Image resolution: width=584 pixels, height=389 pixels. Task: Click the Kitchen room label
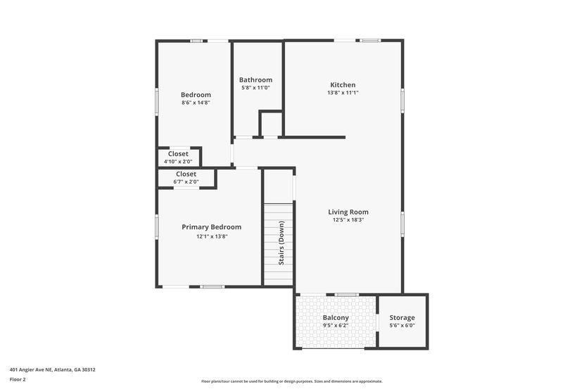coord(343,85)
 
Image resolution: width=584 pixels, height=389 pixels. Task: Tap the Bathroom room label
coord(255,80)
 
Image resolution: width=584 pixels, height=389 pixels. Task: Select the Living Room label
coord(348,212)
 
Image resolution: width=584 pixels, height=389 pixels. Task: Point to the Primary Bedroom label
coord(211,227)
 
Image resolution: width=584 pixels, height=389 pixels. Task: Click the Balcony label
coord(336,318)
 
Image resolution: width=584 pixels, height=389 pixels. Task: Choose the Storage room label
coord(402,318)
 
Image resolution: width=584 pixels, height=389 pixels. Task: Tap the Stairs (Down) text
coord(281,243)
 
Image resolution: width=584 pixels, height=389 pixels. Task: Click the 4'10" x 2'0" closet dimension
coord(178,162)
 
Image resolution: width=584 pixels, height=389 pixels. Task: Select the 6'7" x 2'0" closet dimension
coord(186,181)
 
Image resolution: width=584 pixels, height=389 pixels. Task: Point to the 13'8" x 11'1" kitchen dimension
coord(343,93)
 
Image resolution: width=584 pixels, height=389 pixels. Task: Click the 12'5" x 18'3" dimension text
coord(348,219)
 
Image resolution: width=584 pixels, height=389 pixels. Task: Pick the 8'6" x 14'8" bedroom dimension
coord(196,103)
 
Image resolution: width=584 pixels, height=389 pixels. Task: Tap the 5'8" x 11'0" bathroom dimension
coord(255,88)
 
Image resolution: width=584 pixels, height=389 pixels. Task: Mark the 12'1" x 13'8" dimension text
coord(211,236)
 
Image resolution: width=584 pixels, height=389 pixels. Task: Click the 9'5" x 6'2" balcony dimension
coord(336,326)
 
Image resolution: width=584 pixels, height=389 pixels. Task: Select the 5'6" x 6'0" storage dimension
coord(402,326)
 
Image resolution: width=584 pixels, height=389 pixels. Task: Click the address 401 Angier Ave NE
coord(53,369)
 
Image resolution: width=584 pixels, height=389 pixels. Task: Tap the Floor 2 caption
coord(18,379)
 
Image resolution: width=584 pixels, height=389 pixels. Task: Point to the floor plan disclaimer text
coord(291,381)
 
